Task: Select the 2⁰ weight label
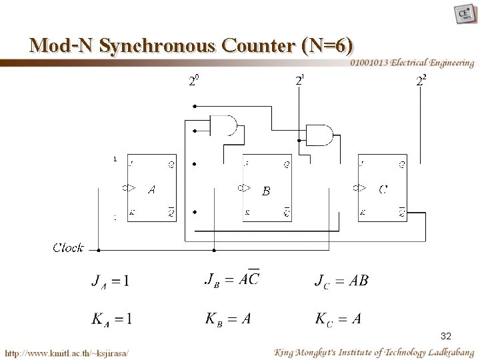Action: click(193, 82)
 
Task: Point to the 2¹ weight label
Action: click(301, 81)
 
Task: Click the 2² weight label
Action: click(421, 82)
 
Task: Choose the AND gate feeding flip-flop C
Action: click(320, 135)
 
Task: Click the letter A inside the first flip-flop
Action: click(152, 189)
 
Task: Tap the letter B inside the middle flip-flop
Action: click(266, 191)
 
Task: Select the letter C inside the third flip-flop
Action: click(383, 189)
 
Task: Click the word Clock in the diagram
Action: click(68, 248)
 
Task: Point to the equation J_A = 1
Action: click(111, 281)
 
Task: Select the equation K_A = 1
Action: click(111, 319)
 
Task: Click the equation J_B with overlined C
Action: click(231, 279)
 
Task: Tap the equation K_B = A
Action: click(228, 319)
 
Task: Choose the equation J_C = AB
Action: click(341, 280)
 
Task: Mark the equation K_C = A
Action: click(338, 319)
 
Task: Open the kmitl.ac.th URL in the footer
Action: click(67, 351)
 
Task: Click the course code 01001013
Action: click(371, 63)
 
